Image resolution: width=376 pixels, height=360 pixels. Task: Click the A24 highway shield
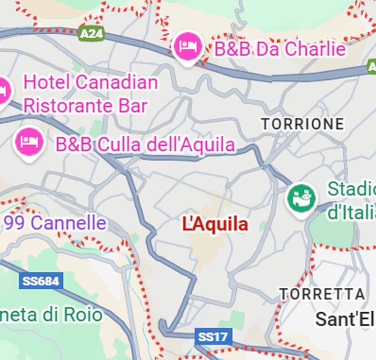pyautogui.click(x=91, y=33)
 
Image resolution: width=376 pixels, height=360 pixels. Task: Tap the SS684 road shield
pyautogui.click(x=41, y=281)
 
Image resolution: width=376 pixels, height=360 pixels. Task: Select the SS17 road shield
pyautogui.click(x=213, y=337)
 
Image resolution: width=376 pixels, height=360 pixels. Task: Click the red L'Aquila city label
pyautogui.click(x=215, y=225)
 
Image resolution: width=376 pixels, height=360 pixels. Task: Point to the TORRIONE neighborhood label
pyautogui.click(x=302, y=124)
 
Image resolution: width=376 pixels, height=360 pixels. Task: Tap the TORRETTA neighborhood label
pyautogui.click(x=322, y=294)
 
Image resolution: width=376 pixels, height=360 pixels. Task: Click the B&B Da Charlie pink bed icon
pyautogui.click(x=188, y=46)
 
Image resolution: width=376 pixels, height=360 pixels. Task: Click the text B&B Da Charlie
pyautogui.click(x=280, y=49)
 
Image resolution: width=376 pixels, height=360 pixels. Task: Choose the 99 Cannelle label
pyautogui.click(x=55, y=222)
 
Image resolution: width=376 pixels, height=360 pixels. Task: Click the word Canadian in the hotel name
pyautogui.click(x=117, y=82)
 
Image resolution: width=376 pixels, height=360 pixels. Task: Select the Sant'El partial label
pyautogui.click(x=345, y=319)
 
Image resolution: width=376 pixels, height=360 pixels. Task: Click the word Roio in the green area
pyautogui.click(x=85, y=315)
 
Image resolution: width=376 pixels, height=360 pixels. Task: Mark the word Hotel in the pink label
pyautogui.click(x=46, y=82)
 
